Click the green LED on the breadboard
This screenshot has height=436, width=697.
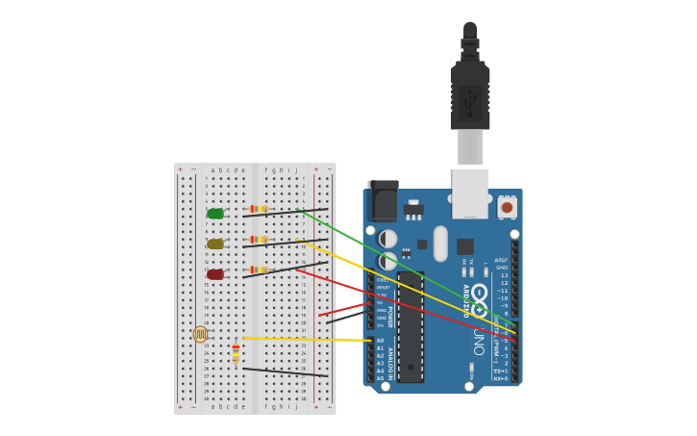click(x=215, y=214)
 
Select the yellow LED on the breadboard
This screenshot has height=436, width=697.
click(x=215, y=244)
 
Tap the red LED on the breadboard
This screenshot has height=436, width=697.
click(x=215, y=274)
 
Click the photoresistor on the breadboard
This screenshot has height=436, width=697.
click(x=200, y=334)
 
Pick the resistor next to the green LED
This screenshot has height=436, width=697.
click(x=259, y=209)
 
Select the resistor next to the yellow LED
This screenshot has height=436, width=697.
click(x=259, y=240)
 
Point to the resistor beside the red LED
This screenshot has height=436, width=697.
click(x=259, y=269)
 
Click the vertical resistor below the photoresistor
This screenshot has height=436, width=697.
click(x=236, y=354)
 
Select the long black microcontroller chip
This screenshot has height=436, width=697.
click(x=411, y=326)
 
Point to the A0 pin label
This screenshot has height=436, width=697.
click(x=380, y=341)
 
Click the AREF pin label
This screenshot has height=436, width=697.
click(x=501, y=260)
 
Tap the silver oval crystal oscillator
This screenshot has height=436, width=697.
click(x=440, y=244)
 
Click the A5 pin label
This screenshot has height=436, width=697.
click(x=380, y=378)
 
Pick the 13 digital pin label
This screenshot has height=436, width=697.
click(x=504, y=275)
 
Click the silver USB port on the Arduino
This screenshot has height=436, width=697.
click(x=470, y=192)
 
